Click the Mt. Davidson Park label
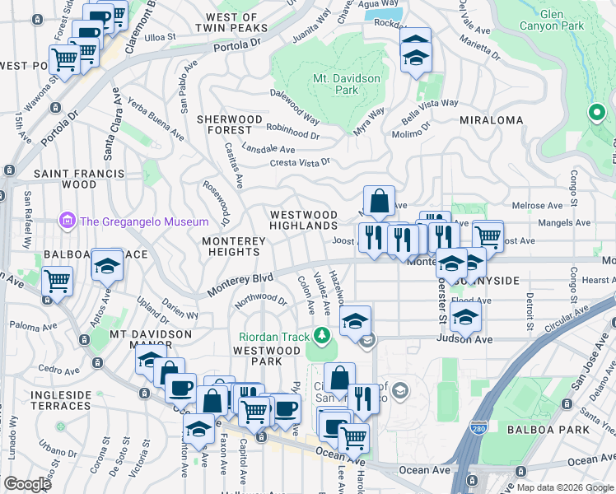335,84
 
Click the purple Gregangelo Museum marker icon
65,221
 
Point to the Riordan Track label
273,336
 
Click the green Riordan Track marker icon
322,335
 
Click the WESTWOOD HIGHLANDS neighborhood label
305,220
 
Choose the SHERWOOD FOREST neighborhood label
230,124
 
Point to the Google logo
27,484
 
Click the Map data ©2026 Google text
564,487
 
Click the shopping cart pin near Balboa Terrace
58,281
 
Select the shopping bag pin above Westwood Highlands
379,200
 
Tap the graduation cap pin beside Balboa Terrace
107,264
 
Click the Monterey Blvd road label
240,285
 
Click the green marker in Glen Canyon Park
595,113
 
